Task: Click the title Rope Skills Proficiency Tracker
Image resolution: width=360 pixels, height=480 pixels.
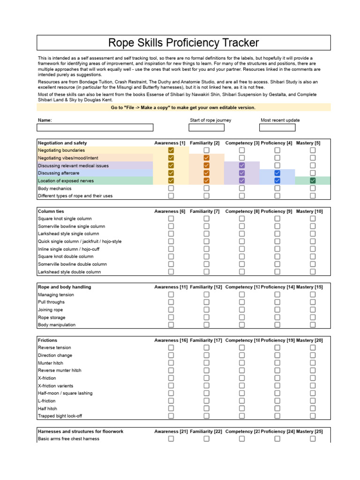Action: coord(183,43)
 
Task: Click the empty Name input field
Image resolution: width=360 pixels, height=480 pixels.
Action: coord(95,127)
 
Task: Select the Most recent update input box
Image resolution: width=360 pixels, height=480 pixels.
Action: coord(277,127)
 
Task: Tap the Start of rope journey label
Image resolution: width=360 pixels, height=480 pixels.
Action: coord(210,120)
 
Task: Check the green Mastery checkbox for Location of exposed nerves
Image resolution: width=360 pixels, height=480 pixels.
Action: coord(313,180)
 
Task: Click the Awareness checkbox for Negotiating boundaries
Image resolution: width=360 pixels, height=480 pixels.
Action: coord(171,150)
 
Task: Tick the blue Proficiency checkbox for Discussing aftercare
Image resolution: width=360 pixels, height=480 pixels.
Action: coord(277,173)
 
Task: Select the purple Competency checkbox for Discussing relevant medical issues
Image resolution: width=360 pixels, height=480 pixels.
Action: coord(242,165)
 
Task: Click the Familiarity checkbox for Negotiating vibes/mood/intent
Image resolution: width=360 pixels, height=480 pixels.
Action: coord(206,158)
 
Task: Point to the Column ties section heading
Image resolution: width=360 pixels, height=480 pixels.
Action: coord(51,211)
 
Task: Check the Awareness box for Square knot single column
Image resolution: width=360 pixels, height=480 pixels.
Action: coord(171,219)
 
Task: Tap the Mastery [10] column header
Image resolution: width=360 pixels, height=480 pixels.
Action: coord(309,211)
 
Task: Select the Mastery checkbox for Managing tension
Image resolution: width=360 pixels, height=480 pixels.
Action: coord(313,295)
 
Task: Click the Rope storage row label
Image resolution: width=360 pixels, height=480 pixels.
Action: coord(52,317)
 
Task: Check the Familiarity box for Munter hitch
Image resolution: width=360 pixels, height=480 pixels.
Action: coord(206,363)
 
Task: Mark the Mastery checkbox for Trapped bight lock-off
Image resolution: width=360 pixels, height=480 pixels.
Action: coord(313,416)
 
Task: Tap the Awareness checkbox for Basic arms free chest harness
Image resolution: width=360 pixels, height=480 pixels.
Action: coord(171,439)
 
